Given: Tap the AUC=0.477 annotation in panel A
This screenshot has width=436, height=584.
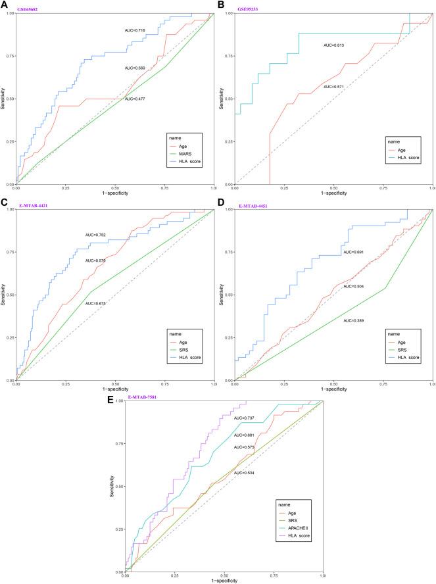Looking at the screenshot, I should [x=135, y=99].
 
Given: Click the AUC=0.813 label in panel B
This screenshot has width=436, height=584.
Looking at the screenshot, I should [x=333, y=45].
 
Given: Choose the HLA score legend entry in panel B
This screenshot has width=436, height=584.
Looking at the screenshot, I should [x=401, y=158].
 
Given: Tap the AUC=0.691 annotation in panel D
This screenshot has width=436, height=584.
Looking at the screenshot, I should [x=353, y=252].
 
